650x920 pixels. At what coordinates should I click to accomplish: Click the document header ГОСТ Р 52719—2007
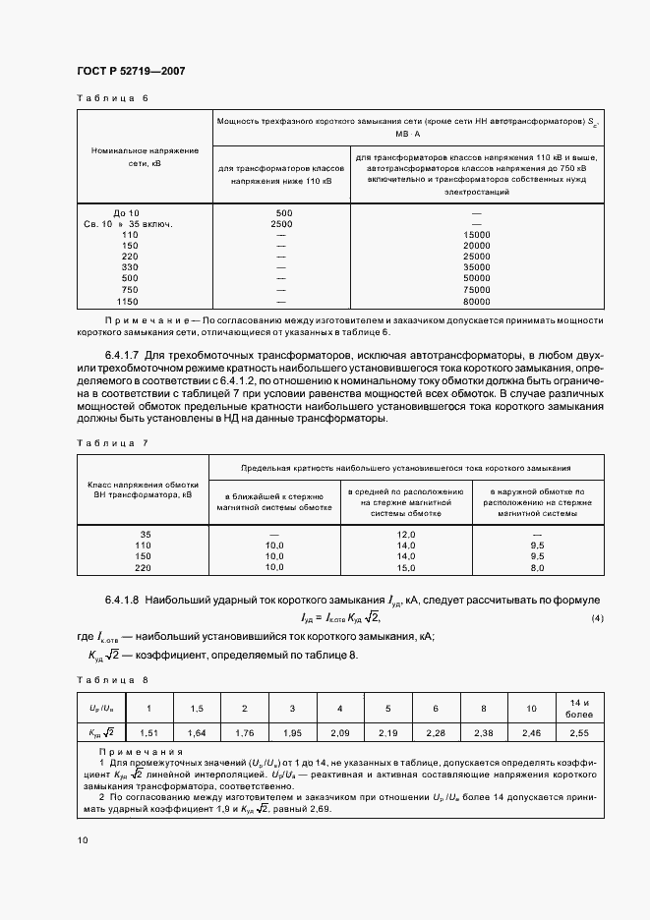(130, 71)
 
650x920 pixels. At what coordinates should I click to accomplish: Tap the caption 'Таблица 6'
(112, 98)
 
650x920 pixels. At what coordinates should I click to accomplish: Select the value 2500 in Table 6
(283, 224)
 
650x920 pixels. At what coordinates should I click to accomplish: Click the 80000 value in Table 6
(476, 302)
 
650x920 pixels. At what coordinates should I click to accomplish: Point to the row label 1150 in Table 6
(127, 302)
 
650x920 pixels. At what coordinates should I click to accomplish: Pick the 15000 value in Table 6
(476, 235)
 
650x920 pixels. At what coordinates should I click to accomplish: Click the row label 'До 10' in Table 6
(127, 213)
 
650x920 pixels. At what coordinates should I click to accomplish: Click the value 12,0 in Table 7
(407, 534)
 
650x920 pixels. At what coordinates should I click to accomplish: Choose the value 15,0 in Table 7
(407, 568)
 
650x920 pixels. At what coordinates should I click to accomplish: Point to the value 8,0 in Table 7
(537, 568)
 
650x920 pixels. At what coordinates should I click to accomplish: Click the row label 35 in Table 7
(147, 534)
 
